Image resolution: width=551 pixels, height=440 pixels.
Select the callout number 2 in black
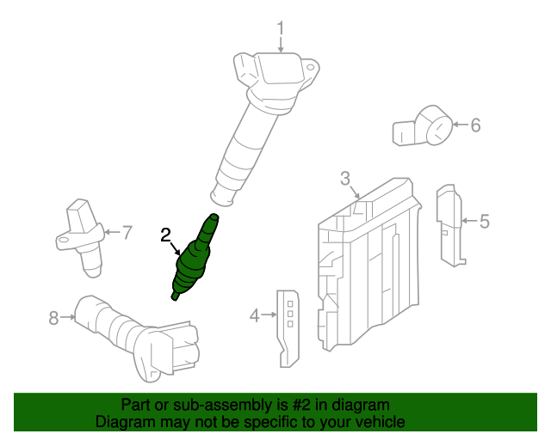click(166, 234)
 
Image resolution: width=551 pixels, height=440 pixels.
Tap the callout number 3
click(345, 179)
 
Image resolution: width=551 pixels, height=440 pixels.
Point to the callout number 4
click(254, 316)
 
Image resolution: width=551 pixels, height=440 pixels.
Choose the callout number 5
click(485, 222)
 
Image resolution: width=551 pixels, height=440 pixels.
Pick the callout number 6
click(475, 125)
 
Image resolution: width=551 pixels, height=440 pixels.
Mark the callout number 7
click(127, 231)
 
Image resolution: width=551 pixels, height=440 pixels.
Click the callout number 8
click(53, 318)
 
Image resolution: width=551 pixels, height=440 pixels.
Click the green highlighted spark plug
click(195, 261)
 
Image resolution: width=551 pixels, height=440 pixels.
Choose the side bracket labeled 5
click(449, 223)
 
